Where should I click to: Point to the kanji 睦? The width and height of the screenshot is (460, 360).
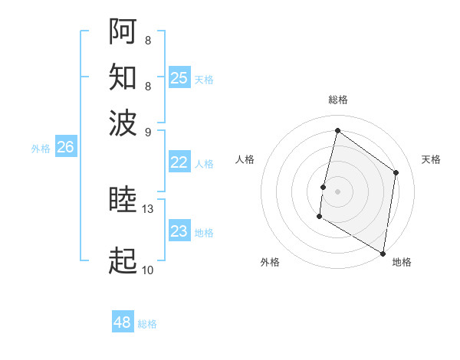[123, 201]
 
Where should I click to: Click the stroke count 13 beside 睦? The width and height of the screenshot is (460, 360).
[148, 209]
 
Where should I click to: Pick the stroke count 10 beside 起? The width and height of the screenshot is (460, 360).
[148, 270]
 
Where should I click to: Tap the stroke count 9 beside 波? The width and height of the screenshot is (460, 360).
[148, 131]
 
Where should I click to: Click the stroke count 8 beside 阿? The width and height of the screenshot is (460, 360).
[148, 40]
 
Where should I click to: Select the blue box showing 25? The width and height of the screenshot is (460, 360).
[179, 77]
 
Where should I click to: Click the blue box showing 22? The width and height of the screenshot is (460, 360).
[179, 162]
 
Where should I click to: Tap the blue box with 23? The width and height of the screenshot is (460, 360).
[179, 231]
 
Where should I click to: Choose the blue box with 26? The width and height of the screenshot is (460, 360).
[66, 148]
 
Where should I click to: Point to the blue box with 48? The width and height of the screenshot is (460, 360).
[123, 322]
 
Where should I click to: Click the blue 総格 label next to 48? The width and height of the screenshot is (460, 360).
[147, 324]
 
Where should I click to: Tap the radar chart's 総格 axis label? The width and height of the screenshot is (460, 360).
[337, 100]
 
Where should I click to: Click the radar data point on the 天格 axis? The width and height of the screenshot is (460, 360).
[396, 172]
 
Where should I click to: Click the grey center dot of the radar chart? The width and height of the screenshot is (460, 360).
[337, 191]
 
